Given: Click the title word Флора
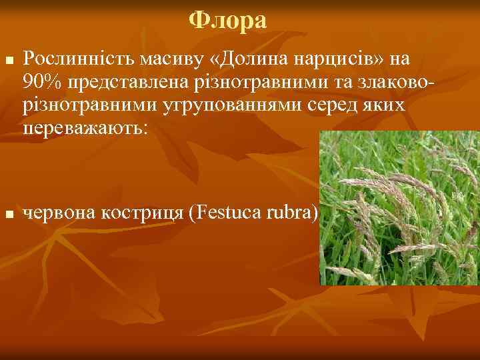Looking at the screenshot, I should point(227,21).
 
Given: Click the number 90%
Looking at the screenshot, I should point(41,83).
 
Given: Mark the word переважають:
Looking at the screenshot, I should point(84,128).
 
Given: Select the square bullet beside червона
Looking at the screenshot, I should point(8,214).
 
